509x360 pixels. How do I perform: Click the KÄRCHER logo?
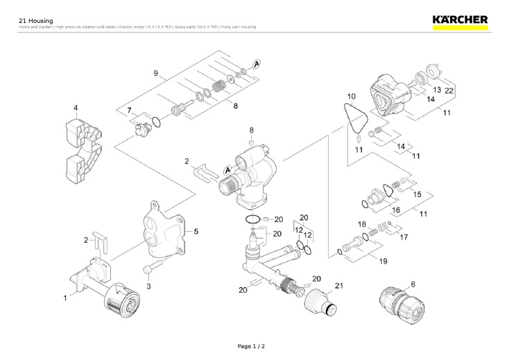click(x=459, y=20)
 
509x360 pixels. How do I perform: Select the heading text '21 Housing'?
click(x=35, y=20)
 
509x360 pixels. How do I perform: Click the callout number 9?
click(x=156, y=74)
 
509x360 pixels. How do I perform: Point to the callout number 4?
click(x=76, y=108)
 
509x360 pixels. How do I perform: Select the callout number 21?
click(x=339, y=286)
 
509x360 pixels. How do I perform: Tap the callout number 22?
click(x=449, y=91)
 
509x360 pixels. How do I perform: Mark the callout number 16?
click(x=396, y=209)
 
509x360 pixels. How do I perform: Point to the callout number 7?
click(x=129, y=111)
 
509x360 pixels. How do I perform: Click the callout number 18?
click(x=361, y=225)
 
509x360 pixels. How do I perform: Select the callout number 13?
click(x=436, y=91)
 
